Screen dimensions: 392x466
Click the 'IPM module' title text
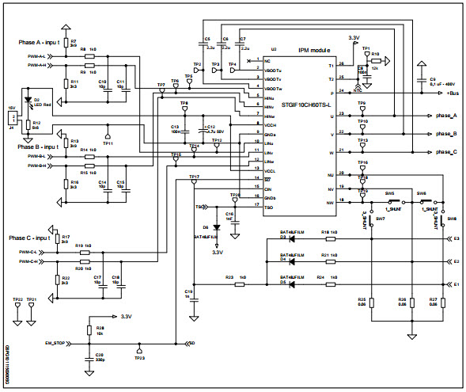(x=316, y=49)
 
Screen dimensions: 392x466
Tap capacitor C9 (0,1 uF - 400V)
(x=431, y=82)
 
